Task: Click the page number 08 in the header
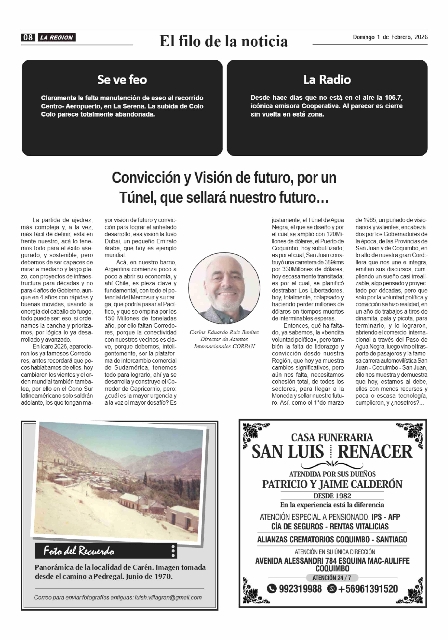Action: tap(28, 37)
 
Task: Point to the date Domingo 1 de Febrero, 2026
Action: tap(390, 37)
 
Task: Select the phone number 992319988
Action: tap(300, 589)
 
